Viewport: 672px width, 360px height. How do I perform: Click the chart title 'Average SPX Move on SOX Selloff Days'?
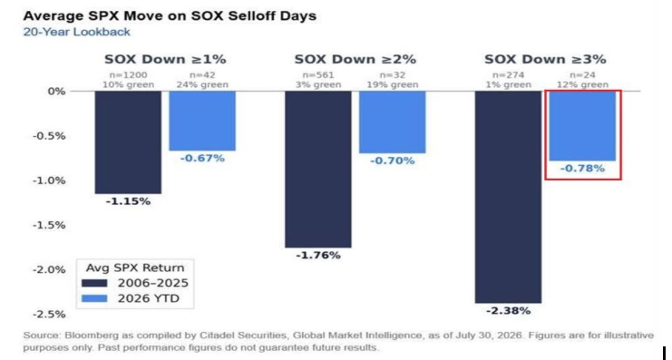170,16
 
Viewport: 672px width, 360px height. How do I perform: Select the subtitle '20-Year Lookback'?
77,32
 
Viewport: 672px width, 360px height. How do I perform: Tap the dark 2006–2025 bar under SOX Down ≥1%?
128,142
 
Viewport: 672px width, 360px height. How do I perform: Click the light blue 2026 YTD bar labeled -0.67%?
202,121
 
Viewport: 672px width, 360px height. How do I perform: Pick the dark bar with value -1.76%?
318,170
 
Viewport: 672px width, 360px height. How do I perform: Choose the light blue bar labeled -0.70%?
392,122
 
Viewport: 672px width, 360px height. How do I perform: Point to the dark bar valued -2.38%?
508,197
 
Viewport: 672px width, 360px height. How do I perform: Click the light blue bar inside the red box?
582,126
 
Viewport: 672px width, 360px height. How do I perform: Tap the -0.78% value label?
582,169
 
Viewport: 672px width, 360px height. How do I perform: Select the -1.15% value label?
128,201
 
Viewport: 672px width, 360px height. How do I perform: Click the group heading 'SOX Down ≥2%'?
355,59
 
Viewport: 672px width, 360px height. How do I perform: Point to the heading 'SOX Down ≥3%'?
545,59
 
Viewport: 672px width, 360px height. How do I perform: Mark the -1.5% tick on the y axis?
49,225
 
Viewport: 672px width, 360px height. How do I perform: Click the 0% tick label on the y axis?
56,92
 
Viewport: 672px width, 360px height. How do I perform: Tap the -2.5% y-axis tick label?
49,314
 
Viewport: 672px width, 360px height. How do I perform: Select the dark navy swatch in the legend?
94,283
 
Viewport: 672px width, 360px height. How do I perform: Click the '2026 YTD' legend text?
149,298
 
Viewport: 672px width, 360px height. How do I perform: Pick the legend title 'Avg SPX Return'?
135,268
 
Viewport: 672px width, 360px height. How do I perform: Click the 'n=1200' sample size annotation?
128,75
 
